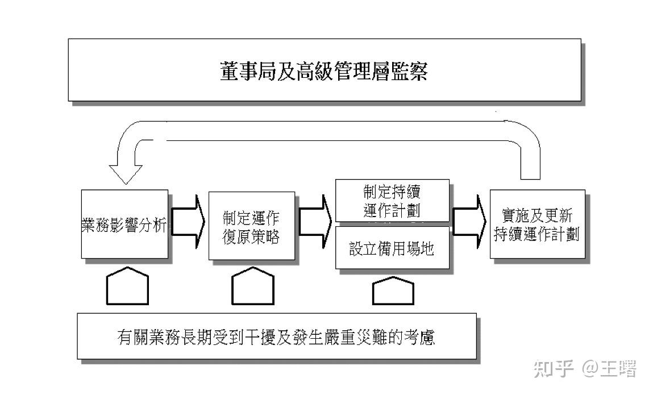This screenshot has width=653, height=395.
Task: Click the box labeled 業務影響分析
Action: [x=124, y=225]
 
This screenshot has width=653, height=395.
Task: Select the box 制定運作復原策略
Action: [x=251, y=226]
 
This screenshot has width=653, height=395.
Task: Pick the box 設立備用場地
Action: [x=392, y=248]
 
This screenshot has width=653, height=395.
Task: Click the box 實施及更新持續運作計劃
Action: [x=536, y=225]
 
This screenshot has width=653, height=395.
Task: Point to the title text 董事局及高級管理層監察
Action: [x=324, y=72]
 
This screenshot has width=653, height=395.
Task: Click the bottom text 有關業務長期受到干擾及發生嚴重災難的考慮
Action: [x=276, y=337]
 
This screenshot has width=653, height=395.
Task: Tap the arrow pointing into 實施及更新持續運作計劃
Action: [x=469, y=222]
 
